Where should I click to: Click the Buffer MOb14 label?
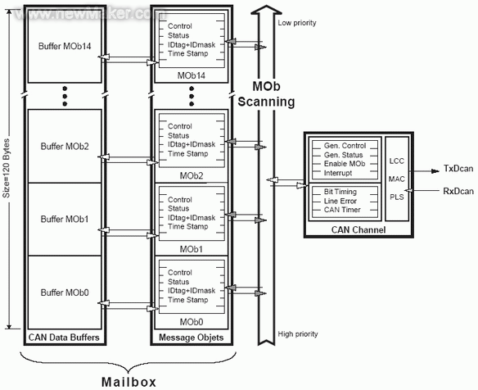tap(65, 46)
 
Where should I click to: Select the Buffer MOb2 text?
tap(65, 146)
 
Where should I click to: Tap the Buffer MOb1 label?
tap(65, 219)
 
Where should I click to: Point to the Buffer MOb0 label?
tap(65, 292)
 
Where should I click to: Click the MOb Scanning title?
tap(266, 94)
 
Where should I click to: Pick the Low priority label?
tap(297, 23)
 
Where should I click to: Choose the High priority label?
tap(298, 334)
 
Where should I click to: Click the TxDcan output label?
tap(458, 169)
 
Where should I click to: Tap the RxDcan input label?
tap(458, 192)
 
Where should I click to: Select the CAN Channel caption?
tap(358, 229)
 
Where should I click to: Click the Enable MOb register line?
tap(344, 164)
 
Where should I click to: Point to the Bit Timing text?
tap(340, 192)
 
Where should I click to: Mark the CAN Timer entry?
tap(342, 210)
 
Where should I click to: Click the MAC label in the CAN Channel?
tap(397, 179)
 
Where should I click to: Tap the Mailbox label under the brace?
tap(129, 382)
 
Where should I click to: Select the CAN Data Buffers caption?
tap(64, 338)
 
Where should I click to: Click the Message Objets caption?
tap(192, 338)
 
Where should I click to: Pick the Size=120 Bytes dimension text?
tap(6, 168)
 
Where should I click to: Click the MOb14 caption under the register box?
tap(192, 75)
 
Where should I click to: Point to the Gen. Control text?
tap(345, 146)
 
